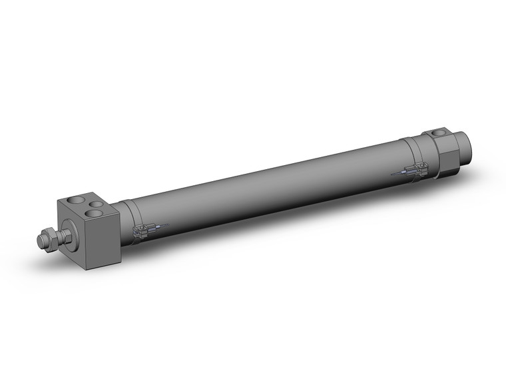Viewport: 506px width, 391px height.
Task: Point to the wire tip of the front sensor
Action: pos(168,224)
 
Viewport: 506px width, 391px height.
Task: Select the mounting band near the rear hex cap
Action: pos(417,161)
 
